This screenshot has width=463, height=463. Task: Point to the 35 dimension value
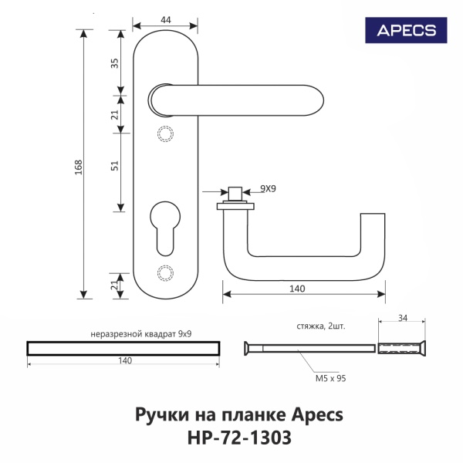click(x=115, y=63)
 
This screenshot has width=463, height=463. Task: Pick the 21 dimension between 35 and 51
click(x=115, y=115)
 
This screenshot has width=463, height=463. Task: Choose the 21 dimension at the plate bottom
click(x=115, y=286)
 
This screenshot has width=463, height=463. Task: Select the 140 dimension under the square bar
click(x=124, y=360)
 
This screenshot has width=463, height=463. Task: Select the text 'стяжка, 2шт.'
click(x=319, y=326)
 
